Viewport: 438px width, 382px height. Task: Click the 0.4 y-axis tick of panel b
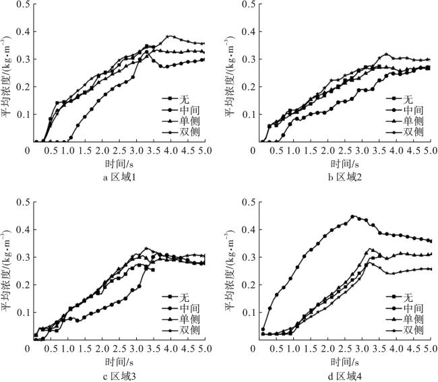pos(249,32)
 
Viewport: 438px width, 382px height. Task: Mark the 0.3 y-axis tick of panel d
pos(249,257)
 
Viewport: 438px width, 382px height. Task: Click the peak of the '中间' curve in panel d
pos(352,216)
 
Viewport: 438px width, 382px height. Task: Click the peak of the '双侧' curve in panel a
pos(170,36)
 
